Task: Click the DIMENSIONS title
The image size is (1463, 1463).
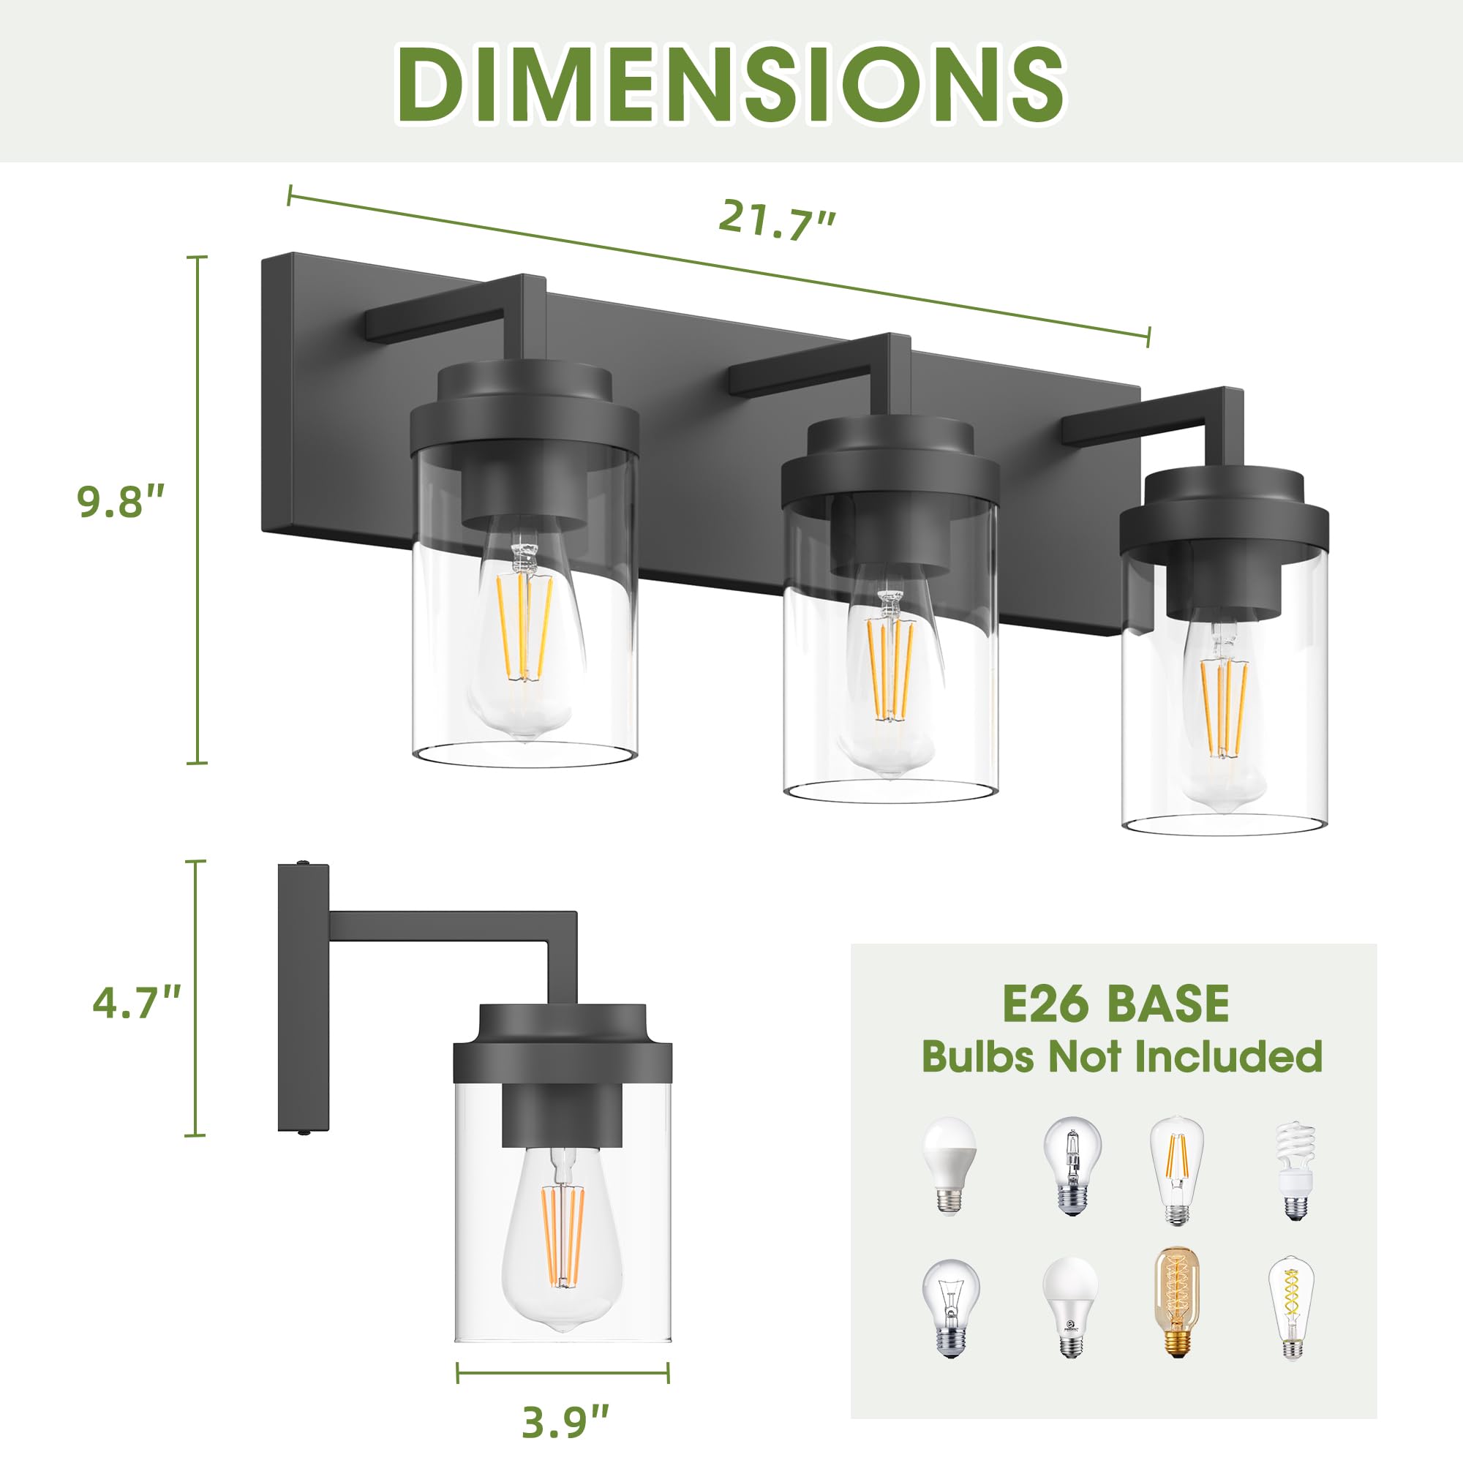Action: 730,83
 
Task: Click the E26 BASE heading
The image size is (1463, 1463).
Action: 1116,1004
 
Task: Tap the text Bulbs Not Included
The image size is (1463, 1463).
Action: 1121,1056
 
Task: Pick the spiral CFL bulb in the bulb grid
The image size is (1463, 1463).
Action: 1295,1170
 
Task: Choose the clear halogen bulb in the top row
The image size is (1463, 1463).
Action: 1072,1166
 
